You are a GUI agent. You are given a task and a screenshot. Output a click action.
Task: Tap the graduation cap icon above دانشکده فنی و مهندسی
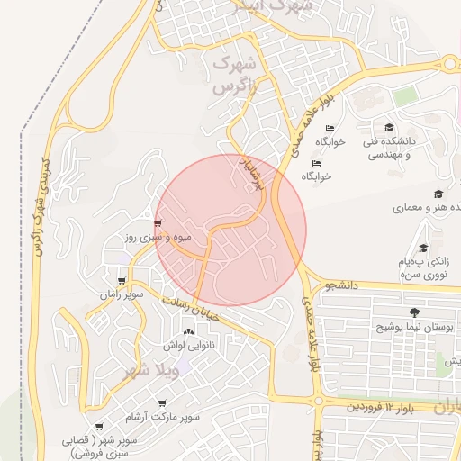(x=389, y=128)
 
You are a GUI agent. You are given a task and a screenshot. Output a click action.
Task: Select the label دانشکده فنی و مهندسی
(x=389, y=148)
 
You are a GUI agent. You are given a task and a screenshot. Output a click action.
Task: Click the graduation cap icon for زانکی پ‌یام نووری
(x=423, y=248)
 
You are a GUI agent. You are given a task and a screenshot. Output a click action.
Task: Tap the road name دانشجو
(x=342, y=285)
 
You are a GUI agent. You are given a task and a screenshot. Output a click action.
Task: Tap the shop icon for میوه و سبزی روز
(x=158, y=223)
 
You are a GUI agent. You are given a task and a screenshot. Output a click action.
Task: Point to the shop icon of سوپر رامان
(x=122, y=281)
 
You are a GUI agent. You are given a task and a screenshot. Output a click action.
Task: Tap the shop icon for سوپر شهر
(x=98, y=427)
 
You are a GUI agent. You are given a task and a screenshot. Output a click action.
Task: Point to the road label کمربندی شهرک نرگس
(x=40, y=207)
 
